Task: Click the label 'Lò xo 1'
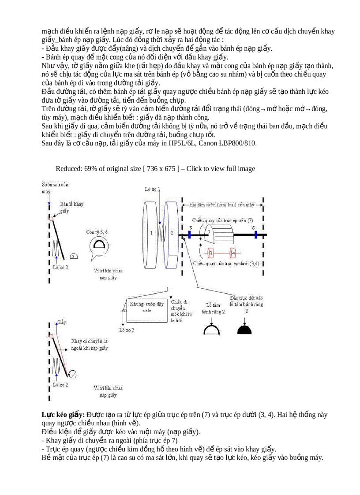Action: [153, 189]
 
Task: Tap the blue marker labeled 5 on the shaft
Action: [189, 234]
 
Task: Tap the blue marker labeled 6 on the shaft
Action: [255, 234]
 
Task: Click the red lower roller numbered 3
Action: [211, 253]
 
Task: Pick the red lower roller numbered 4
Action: [233, 253]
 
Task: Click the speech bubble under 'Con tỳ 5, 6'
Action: [100, 246]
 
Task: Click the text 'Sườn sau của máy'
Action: [55, 188]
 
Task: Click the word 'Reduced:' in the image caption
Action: [69, 169]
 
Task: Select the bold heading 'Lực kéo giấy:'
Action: [63, 415]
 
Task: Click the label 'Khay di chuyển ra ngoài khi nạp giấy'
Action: [90, 345]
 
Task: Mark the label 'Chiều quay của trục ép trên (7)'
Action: [223, 220]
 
